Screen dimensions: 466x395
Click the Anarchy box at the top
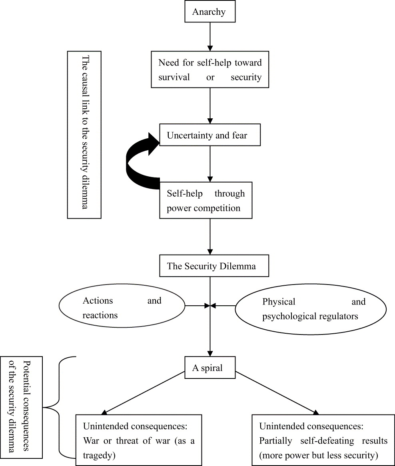(209, 12)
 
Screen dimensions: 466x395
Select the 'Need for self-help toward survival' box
(210, 70)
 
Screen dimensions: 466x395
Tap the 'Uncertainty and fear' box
(209, 135)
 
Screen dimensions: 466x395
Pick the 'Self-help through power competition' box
(206, 201)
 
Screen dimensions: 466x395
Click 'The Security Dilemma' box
(211, 266)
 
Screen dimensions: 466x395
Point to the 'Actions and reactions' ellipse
(122, 308)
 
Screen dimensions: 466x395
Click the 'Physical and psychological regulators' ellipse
(311, 309)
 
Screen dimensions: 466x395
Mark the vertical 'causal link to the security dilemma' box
(84, 134)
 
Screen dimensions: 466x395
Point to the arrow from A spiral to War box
(144, 393)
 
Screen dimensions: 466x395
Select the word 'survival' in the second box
(174, 77)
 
